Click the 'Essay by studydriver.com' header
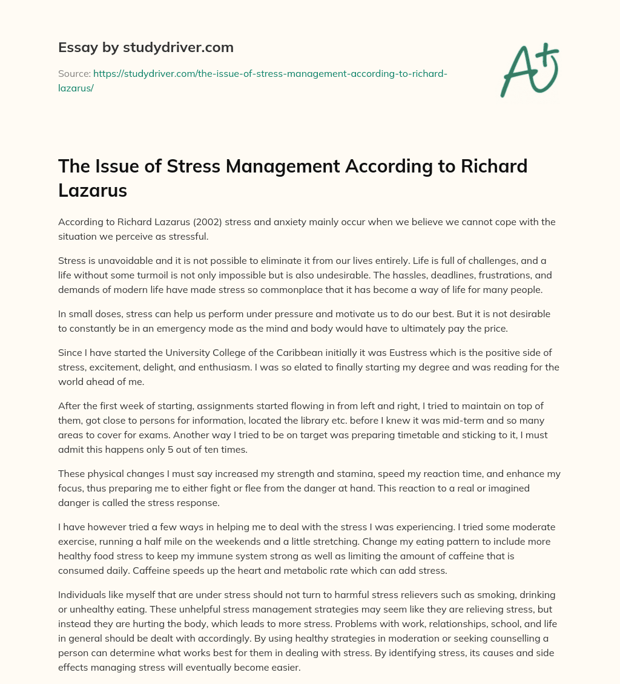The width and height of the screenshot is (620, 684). [145, 47]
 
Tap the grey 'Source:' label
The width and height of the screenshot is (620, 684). [74, 74]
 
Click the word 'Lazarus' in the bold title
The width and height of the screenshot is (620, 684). [93, 191]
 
